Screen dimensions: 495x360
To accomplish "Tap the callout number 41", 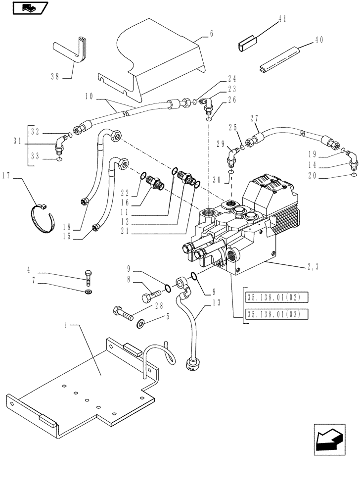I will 282,18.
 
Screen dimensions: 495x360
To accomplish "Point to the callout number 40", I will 318,41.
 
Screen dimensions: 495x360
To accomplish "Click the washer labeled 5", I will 140,324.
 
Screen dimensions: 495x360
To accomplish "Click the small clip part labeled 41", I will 248,43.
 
